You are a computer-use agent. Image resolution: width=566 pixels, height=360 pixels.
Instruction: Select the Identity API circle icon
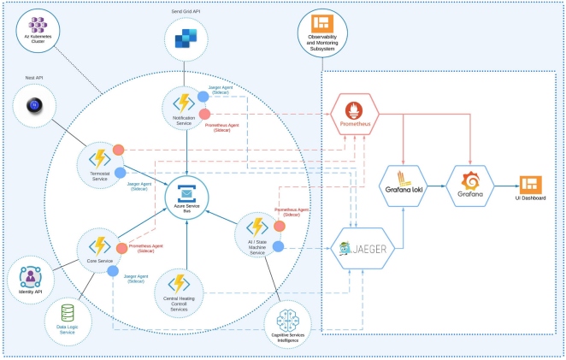[30, 277]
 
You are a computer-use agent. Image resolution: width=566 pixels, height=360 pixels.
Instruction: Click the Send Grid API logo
[186, 38]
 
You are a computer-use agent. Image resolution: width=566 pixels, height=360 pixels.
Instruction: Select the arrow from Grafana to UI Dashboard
[506, 182]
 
